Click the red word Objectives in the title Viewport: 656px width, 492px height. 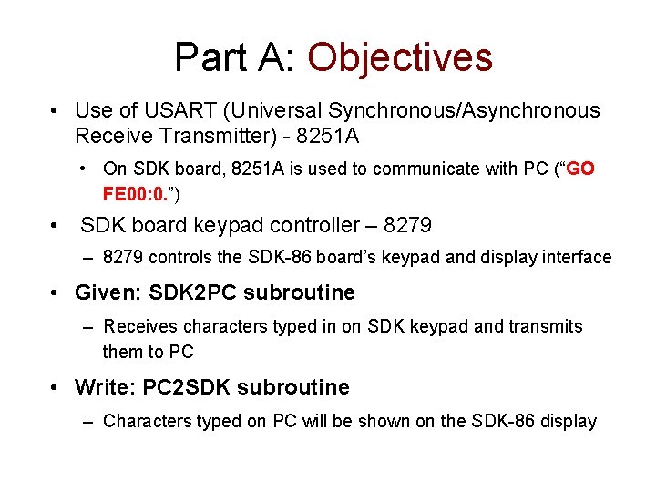[400, 58]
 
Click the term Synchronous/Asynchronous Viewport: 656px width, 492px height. [464, 110]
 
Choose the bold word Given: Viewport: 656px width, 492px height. [110, 292]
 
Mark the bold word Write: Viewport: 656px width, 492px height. [105, 387]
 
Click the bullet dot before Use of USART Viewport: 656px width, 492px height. [56, 111]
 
